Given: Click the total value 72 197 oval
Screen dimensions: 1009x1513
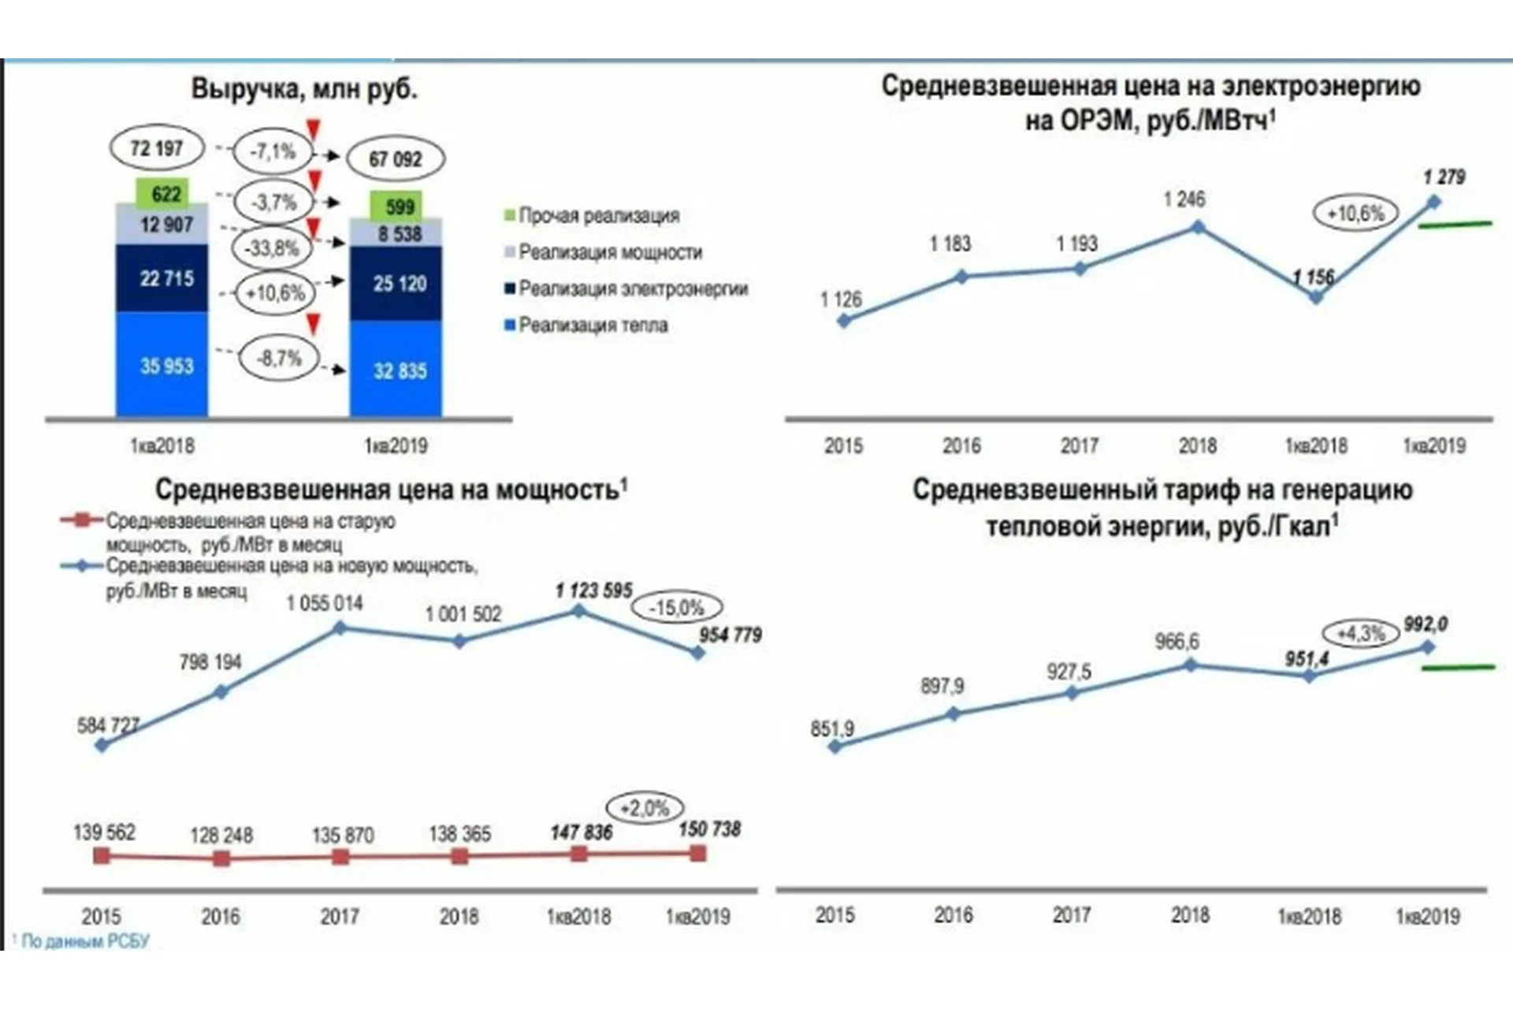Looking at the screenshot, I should (x=156, y=148).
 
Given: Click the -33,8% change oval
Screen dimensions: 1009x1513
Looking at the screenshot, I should (x=272, y=248).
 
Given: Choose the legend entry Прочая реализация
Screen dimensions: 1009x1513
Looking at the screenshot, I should (x=592, y=215).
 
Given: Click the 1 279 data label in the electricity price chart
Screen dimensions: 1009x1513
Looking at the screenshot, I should (x=1443, y=177).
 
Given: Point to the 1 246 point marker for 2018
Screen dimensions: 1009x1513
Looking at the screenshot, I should (x=1198, y=227).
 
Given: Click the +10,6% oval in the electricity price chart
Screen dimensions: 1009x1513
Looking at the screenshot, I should (x=1355, y=213).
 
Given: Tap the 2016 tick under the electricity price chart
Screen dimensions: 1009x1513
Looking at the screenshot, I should (x=961, y=445).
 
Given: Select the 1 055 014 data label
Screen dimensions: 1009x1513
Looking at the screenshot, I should (x=325, y=603).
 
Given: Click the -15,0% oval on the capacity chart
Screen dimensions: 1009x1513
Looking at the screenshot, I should (x=677, y=608).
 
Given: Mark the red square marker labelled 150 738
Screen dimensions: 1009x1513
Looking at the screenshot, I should (x=697, y=853).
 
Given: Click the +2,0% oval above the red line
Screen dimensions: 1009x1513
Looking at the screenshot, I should (x=644, y=808).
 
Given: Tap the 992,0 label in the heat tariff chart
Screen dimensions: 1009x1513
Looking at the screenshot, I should (x=1425, y=624).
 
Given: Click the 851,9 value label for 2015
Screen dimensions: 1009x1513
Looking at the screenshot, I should (x=832, y=728).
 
